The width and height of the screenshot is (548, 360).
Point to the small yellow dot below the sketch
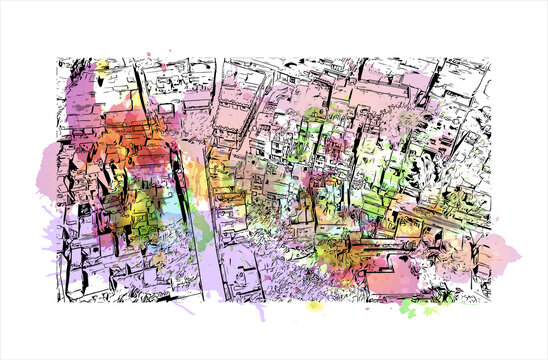tap(318, 309)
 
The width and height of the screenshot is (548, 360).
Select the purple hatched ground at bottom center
tap(270, 270)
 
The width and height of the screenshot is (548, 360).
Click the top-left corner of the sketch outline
tap(58, 58)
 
